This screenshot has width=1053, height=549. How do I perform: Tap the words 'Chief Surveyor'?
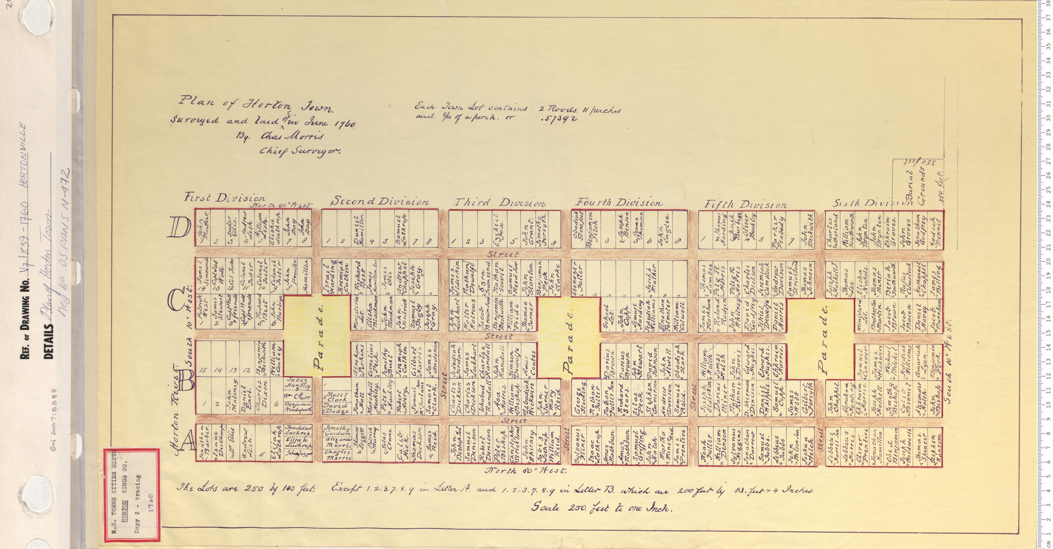[x=306, y=152]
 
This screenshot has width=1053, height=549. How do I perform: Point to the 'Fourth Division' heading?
[x=619, y=202]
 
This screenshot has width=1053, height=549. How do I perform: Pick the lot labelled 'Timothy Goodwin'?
[x=337, y=429]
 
